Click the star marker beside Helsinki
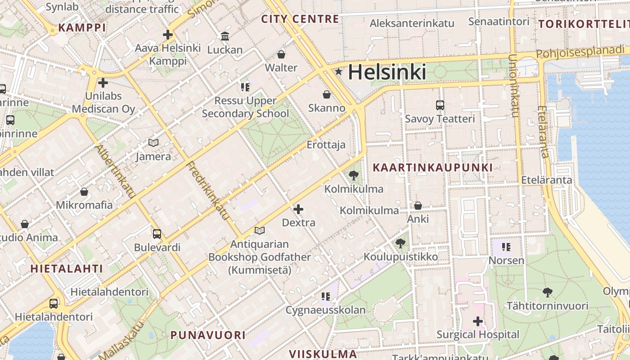[x=338, y=72]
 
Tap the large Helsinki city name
[x=387, y=72]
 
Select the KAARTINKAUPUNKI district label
[x=432, y=168]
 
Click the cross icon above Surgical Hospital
[x=478, y=321]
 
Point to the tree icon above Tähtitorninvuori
[x=547, y=292]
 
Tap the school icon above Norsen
[x=506, y=247]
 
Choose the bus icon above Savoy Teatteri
[x=440, y=105]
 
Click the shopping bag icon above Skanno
[x=327, y=94]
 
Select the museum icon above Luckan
[x=225, y=36]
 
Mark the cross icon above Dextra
[x=298, y=209]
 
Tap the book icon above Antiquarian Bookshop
[x=259, y=231]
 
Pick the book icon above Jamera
[x=153, y=143]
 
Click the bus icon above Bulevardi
[x=157, y=234]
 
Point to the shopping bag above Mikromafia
[x=84, y=192]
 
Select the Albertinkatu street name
[x=115, y=171]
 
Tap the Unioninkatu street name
[x=513, y=85]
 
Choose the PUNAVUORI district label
[x=208, y=335]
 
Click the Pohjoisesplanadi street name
[x=580, y=52]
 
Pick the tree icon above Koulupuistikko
[x=400, y=243]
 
